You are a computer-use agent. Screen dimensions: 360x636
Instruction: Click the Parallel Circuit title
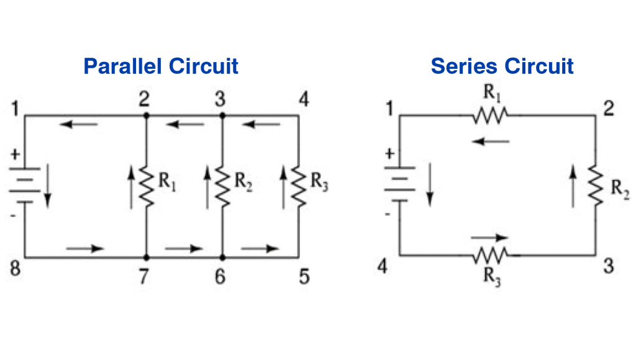pos(161,66)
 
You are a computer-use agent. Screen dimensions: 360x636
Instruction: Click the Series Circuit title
pos(502,66)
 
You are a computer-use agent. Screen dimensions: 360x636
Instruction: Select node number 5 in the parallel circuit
pos(304,276)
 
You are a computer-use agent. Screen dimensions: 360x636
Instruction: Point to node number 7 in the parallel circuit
pos(143,276)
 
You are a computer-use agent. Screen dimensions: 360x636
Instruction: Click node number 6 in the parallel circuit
pos(220,276)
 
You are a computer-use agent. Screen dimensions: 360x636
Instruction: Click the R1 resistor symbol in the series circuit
pos(491,115)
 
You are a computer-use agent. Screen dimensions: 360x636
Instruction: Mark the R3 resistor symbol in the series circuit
pos(491,254)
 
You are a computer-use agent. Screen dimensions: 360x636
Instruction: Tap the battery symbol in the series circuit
pos(399,184)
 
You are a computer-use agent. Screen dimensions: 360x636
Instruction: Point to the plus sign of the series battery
pos(389,153)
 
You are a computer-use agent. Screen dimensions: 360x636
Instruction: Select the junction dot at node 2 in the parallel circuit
pos(147,115)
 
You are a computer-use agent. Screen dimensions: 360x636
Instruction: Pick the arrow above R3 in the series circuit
pos(489,238)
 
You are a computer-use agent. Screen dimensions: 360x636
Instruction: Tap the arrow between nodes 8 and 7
pos(85,249)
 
